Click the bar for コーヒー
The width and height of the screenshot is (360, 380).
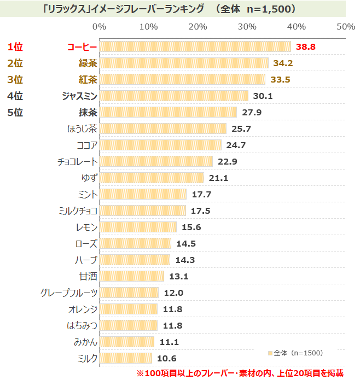[x=195, y=47]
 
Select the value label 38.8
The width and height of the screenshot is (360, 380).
[x=305, y=47]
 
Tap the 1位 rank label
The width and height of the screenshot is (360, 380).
[x=15, y=47]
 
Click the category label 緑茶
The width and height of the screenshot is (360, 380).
[x=88, y=63]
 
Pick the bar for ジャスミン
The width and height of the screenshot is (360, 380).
[x=173, y=96]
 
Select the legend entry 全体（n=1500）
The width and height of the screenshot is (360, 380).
[x=295, y=353]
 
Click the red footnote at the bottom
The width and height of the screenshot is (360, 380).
[x=240, y=373]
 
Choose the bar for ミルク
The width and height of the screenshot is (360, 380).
[x=125, y=359]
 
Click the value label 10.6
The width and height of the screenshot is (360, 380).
[x=166, y=359]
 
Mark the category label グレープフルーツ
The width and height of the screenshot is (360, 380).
[x=69, y=293]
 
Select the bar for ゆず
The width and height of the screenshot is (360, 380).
[x=152, y=178]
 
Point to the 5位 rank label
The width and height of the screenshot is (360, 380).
[x=15, y=113]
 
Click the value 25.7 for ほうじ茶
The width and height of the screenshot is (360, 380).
[x=241, y=129]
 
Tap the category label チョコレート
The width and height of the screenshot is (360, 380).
[x=77, y=162]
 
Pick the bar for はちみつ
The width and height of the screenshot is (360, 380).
[x=128, y=326]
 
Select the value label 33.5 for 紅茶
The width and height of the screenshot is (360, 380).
[x=280, y=80]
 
